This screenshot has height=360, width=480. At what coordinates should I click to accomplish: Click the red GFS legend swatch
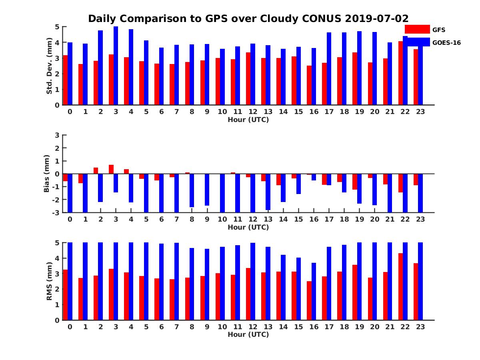point(417,29)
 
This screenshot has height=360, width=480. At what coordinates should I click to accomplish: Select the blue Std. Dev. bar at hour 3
point(116,66)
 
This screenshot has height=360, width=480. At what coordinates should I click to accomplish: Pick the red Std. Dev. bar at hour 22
point(400,73)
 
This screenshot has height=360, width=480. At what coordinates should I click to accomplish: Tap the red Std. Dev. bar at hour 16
point(309,85)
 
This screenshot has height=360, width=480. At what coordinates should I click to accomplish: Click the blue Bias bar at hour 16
point(314,177)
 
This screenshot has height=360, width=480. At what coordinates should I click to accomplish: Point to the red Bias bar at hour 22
point(400,183)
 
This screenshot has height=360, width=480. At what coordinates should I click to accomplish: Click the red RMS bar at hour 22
point(400,286)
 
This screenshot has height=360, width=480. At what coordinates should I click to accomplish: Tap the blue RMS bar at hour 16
point(314,291)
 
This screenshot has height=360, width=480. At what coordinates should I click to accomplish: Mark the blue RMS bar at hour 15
point(298,289)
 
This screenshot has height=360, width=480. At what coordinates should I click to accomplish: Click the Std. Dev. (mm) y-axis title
point(49,66)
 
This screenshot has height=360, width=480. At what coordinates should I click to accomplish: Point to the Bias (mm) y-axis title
point(47,174)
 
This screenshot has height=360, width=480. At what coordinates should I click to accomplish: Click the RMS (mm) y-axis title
point(49,281)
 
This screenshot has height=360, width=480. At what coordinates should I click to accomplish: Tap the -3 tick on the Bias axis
point(56,212)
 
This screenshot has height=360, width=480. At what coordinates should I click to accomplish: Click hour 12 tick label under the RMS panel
point(253,326)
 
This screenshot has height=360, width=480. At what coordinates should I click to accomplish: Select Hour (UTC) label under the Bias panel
point(248,227)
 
